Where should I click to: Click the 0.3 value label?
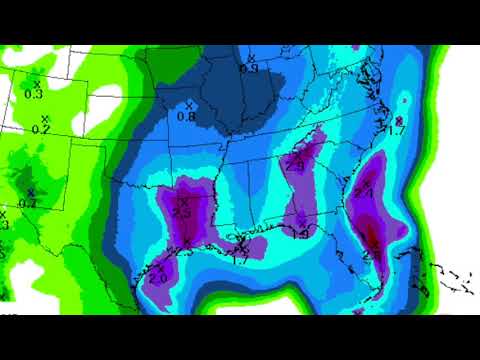pos(33,94)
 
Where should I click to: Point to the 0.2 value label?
pos(41,129)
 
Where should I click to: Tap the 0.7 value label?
pos(28,203)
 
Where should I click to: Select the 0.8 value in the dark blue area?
pos(186,116)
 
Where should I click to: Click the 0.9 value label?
pos(248,68)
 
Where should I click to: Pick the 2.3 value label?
pos(182,212)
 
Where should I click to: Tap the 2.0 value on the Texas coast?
pos(159,278)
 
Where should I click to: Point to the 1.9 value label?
pos(299,233)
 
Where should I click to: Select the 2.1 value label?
pos(363,193)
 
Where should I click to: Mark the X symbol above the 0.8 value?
pos(187,104)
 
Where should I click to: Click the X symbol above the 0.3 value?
pos(37,82)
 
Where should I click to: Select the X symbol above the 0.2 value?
pos(43,118)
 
